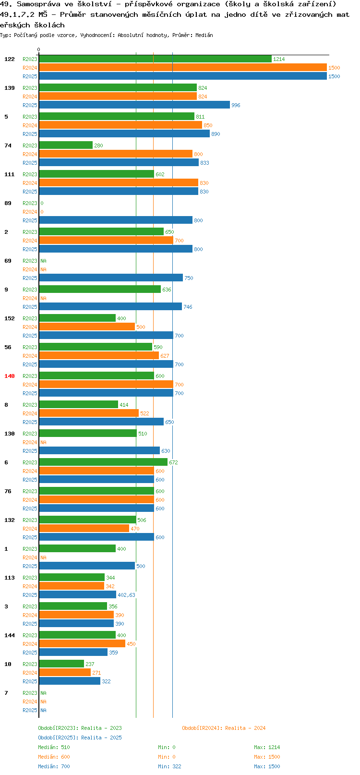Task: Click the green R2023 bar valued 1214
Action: (155, 59)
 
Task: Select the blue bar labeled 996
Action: (134, 105)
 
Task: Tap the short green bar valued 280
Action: (66, 145)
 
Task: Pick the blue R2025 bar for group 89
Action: (116, 220)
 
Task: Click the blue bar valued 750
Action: (111, 278)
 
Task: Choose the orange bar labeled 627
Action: (99, 356)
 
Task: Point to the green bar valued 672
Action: (103, 462)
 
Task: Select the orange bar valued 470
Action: (84, 529)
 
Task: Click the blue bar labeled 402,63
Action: (77, 595)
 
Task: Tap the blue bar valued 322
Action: (70, 681)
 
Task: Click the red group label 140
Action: (9, 376)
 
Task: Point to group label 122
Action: (9, 59)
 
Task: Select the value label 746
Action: (188, 307)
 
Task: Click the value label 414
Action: (124, 405)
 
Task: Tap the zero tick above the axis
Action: (39, 49)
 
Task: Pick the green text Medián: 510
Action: (54, 747)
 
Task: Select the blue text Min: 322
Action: (169, 766)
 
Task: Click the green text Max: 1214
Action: (267, 747)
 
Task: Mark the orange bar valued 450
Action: (82, 644)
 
